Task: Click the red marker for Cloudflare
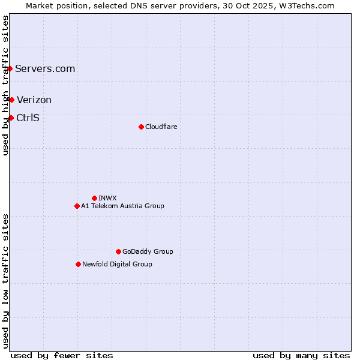(141, 127)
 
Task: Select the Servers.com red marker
(10, 68)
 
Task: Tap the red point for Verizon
(11, 100)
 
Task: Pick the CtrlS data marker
(11, 118)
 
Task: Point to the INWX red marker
(94, 198)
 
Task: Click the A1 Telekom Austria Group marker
(77, 206)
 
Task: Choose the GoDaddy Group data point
(118, 251)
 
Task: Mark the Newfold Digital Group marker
(78, 264)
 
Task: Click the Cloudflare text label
(161, 127)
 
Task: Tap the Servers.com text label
(45, 68)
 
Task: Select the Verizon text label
(34, 100)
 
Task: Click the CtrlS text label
(28, 118)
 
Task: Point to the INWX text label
(107, 198)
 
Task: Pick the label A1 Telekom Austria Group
(122, 206)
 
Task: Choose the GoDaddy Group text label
(148, 251)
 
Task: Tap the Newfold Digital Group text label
(117, 264)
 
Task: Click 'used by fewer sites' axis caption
(62, 355)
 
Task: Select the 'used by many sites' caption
(301, 355)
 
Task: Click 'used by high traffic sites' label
(5, 85)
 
